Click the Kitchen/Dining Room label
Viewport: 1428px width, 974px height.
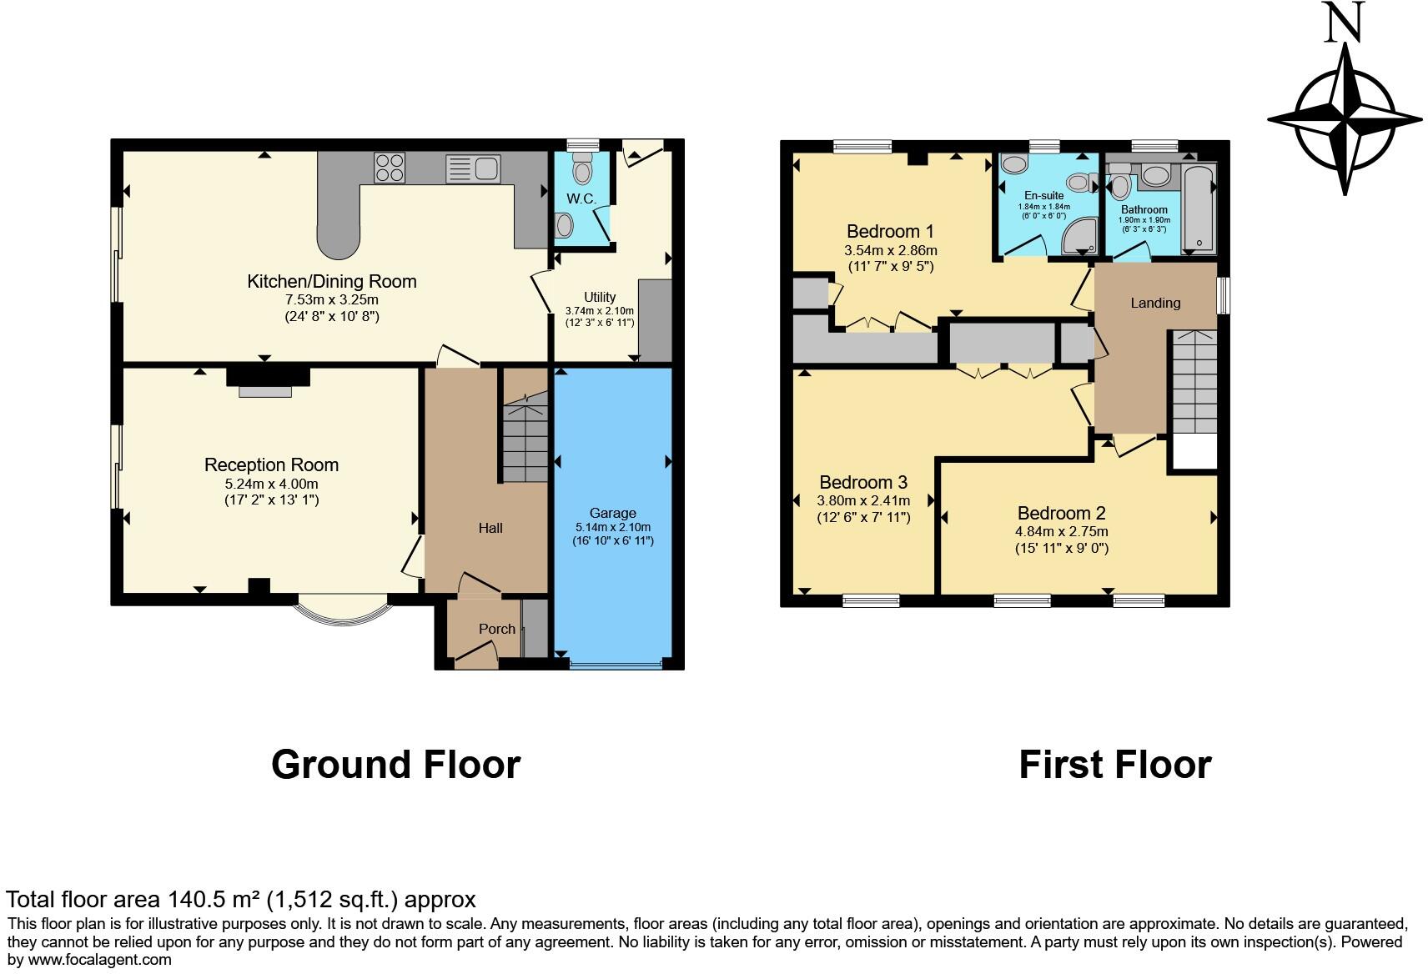pyautogui.click(x=331, y=282)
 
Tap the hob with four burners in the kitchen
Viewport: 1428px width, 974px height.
pyautogui.click(x=389, y=168)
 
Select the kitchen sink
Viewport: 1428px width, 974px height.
pyautogui.click(x=472, y=168)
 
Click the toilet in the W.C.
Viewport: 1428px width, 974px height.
pyautogui.click(x=581, y=171)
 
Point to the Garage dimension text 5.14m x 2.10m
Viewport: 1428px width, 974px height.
pyautogui.click(x=612, y=527)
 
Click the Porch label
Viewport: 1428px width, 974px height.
pyautogui.click(x=496, y=629)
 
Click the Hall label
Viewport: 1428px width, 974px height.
pyautogui.click(x=490, y=528)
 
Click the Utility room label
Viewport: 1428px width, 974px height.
pyautogui.click(x=600, y=297)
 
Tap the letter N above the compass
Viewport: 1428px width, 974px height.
pyautogui.click(x=1344, y=23)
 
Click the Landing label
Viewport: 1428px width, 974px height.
pyautogui.click(x=1155, y=303)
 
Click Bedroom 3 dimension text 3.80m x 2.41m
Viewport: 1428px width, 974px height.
pyautogui.click(x=863, y=501)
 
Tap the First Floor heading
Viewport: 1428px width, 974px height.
pyautogui.click(x=1114, y=764)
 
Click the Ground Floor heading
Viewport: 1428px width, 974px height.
pyautogui.click(x=395, y=764)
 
